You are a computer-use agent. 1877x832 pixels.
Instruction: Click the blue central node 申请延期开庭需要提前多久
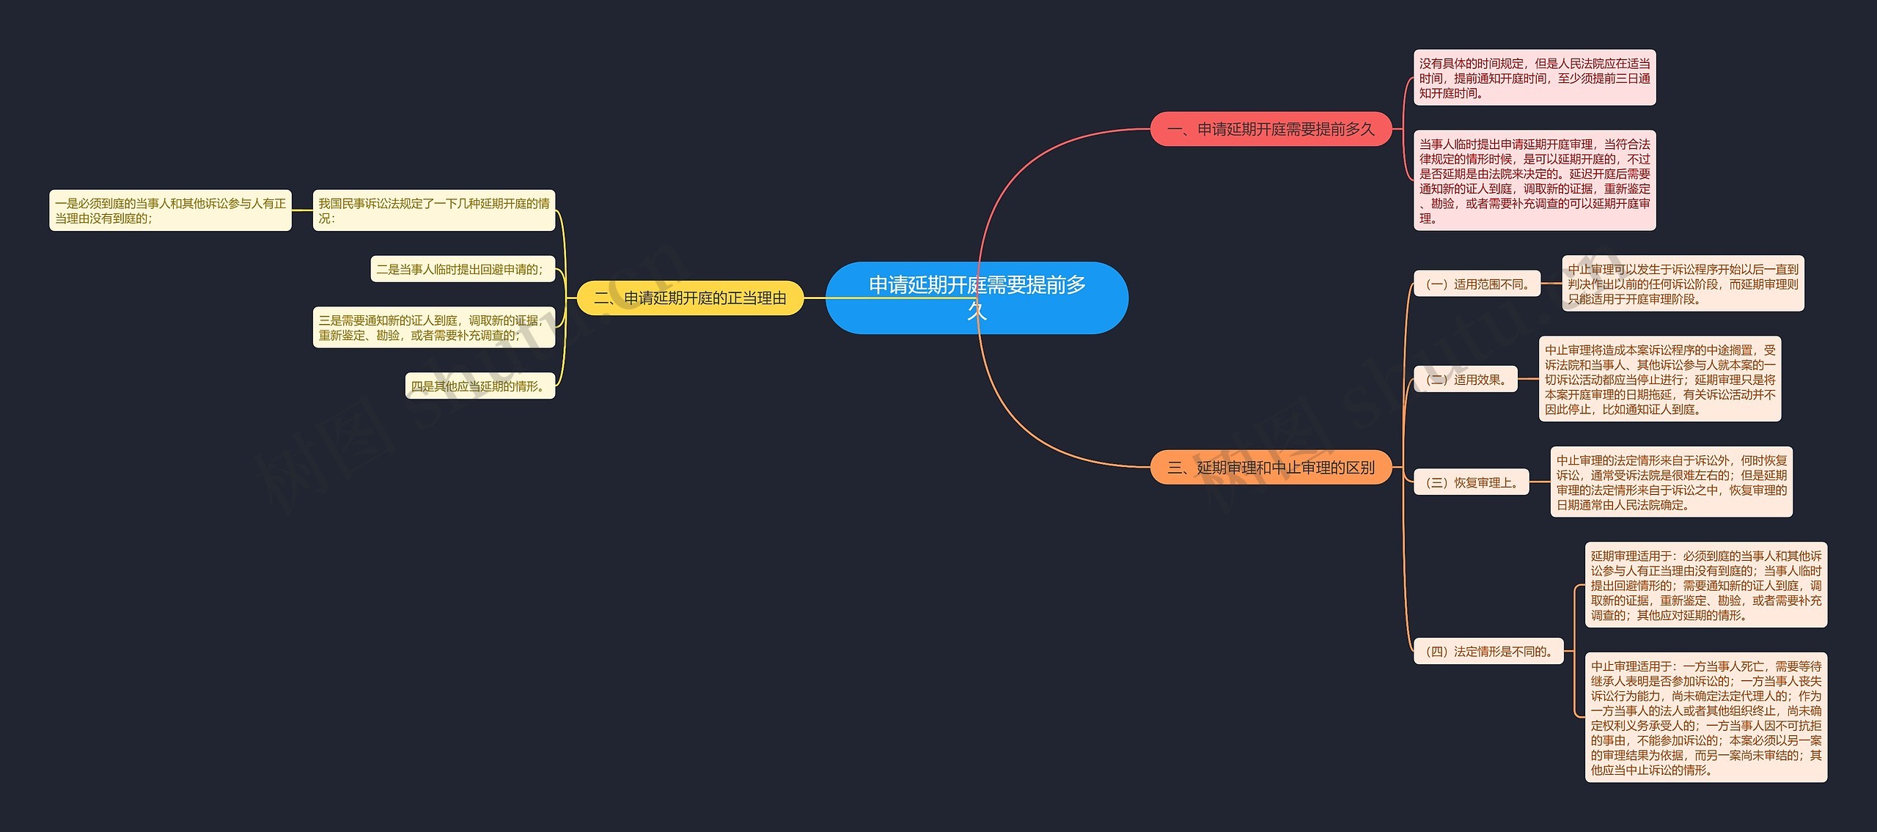pos(977,298)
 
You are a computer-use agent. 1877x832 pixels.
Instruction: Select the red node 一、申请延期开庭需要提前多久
pos(1271,129)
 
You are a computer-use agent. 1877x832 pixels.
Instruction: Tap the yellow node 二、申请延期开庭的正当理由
pos(690,298)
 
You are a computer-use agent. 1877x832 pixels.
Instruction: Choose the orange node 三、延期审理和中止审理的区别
pos(1271,467)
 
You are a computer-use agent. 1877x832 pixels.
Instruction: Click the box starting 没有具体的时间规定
pos(1535,78)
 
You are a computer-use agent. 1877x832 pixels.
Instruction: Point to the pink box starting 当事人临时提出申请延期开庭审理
pos(1535,180)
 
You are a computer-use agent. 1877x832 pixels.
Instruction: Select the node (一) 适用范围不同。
pos(1477,284)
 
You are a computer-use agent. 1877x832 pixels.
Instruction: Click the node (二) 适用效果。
pos(1465,379)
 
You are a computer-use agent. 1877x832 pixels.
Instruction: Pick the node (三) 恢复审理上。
pos(1471,482)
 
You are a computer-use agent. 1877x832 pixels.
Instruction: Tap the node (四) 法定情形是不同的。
pos(1488,651)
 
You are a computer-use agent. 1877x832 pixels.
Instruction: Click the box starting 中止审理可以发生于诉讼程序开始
pos(1683,284)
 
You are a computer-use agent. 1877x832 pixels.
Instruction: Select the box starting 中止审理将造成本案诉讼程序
pos(1660,379)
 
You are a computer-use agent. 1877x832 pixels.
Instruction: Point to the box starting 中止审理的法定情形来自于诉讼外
pos(1671,482)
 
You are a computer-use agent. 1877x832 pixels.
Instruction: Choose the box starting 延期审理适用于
pos(1706,585)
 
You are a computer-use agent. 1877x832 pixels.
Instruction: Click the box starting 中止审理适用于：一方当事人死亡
pos(1706,717)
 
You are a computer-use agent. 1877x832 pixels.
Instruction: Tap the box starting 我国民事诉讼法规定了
pos(434,210)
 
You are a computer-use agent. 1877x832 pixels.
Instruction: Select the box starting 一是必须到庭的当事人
pos(170,210)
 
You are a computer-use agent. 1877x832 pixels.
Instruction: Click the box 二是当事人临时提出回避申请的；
pos(463,269)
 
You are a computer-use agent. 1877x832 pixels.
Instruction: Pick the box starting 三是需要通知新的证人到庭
pos(434,327)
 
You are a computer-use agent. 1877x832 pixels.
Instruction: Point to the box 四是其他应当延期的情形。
pos(480,386)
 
